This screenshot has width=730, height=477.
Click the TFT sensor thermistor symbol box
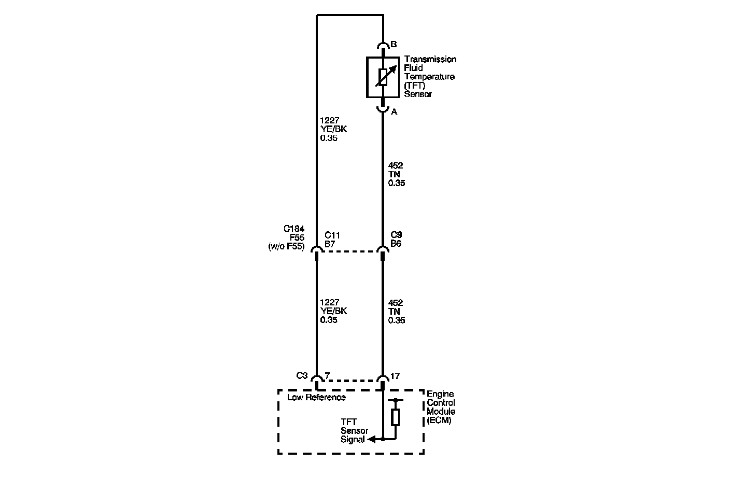tap(383, 77)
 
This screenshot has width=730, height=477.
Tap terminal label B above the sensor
tap(394, 45)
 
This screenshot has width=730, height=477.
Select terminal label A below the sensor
tap(394, 112)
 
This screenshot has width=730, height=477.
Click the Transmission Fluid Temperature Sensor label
tap(430, 77)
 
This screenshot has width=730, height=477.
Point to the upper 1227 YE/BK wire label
tap(333, 129)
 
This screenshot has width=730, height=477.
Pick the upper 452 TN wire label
tap(397, 174)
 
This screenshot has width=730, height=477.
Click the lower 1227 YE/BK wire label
tap(333, 311)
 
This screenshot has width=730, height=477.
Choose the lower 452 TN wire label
tap(397, 312)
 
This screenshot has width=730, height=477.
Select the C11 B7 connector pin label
tap(332, 239)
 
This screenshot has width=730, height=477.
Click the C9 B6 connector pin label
tap(396, 239)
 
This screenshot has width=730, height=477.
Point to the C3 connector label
tap(302, 375)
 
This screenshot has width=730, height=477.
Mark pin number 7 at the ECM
tap(327, 375)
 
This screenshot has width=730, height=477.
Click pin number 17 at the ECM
tap(395, 376)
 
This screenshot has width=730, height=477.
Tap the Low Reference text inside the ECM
tap(316, 398)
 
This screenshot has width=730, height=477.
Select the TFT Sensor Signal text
tap(354, 431)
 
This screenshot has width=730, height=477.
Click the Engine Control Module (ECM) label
tap(441, 407)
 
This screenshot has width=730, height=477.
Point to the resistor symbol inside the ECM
tap(396, 417)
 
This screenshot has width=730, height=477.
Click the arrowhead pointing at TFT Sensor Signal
tap(371, 439)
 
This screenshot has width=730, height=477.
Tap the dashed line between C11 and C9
tap(349, 251)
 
